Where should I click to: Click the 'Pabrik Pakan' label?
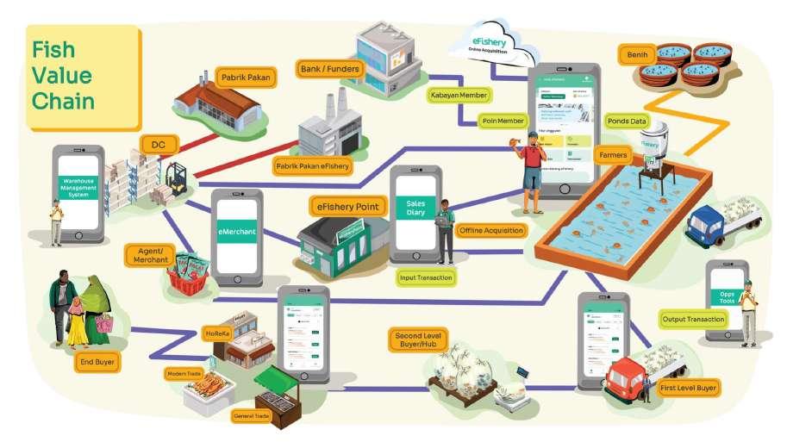coord(243,75)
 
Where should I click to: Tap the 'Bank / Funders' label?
coord(331,67)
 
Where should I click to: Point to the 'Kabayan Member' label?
coord(459,95)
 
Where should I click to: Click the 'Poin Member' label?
coord(503,121)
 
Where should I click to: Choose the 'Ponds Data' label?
coord(627,121)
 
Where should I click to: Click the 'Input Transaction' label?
coord(426,277)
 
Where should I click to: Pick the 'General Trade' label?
coord(253,416)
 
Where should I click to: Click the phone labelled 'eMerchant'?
coord(235,235)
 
